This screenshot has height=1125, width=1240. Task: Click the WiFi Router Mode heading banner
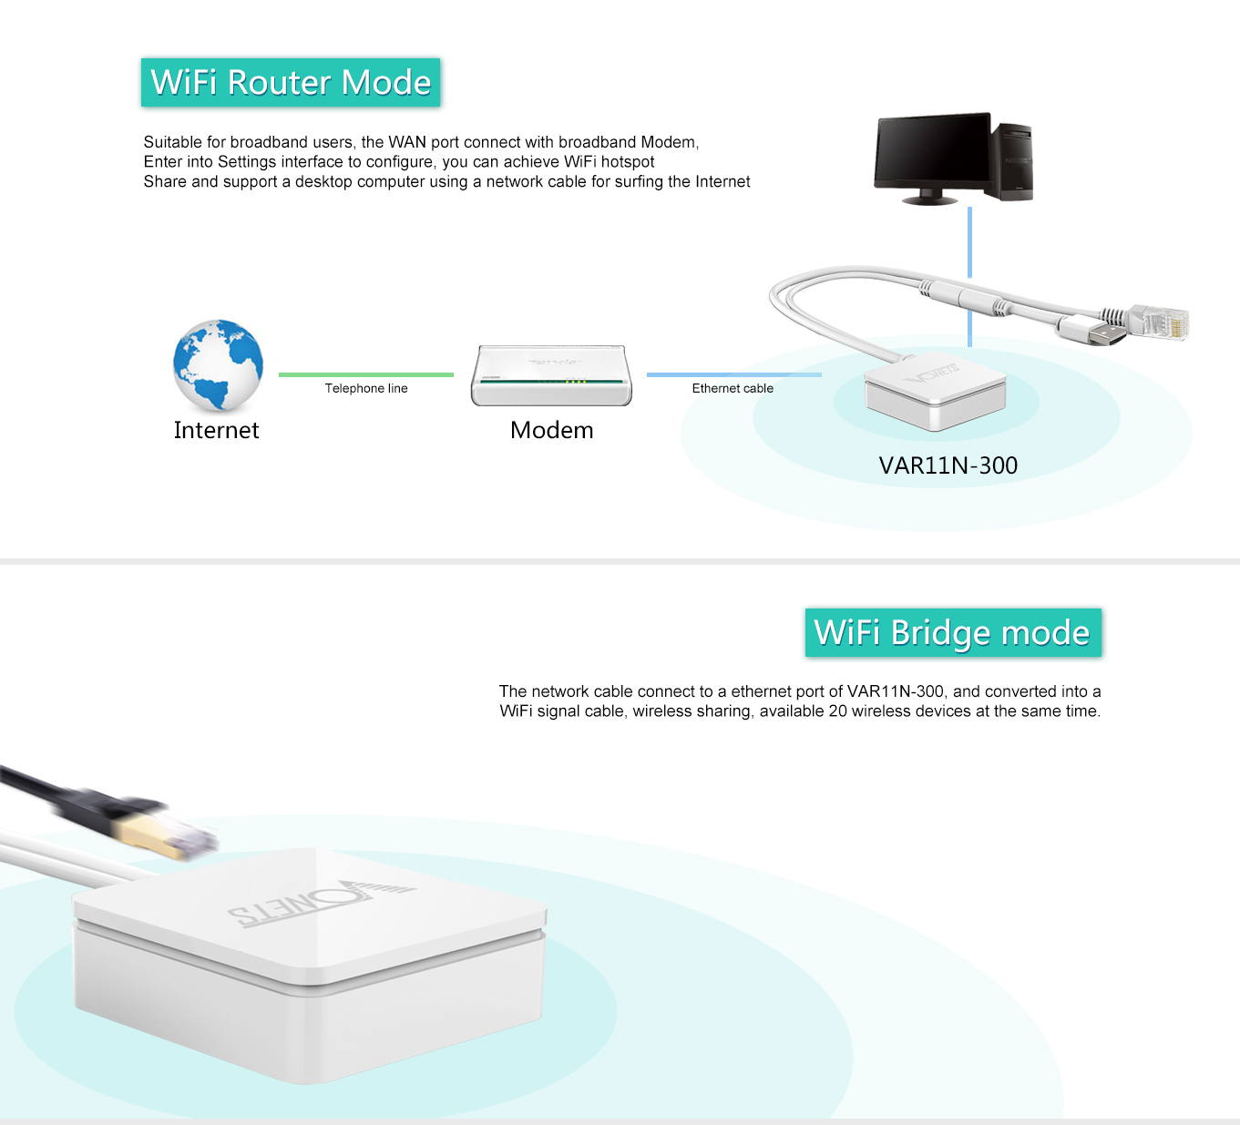[x=291, y=83]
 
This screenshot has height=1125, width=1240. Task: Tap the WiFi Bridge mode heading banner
[x=952, y=632]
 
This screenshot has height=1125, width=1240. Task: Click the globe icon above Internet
[x=218, y=364]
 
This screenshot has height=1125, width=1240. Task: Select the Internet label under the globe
[x=216, y=430]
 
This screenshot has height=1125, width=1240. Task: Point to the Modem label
[x=551, y=430]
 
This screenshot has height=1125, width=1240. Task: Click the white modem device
[x=551, y=375]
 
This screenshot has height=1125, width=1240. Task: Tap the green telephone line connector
[x=365, y=374]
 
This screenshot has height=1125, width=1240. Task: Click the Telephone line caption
[x=366, y=389]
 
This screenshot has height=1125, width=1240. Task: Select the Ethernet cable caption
[x=733, y=389]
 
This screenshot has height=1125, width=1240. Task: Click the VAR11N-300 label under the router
[x=948, y=465]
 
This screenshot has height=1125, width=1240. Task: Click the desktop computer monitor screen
[x=931, y=151]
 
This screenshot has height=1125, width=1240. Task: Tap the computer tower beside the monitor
[x=1013, y=162]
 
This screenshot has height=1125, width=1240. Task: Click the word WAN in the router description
[x=407, y=143]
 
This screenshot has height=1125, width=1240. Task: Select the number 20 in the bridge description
[x=837, y=711]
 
